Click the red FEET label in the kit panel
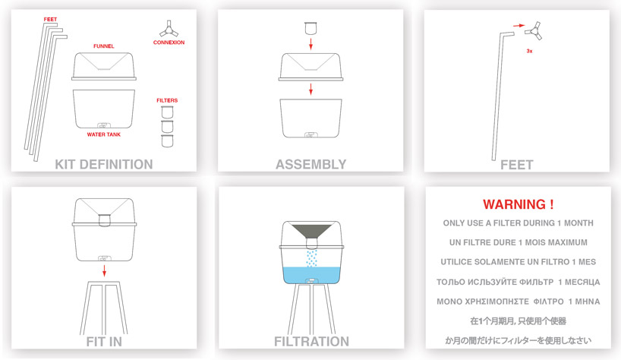(x=50, y=19)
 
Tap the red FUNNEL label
(x=104, y=46)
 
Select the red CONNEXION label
(x=169, y=43)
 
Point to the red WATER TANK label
(x=104, y=134)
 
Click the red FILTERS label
(x=167, y=100)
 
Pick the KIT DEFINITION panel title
(x=104, y=164)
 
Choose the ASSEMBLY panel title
(x=311, y=164)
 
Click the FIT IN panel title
(x=104, y=341)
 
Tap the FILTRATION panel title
(x=312, y=341)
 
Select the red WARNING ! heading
(x=518, y=204)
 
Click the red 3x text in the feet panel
(x=529, y=51)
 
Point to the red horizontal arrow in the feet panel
(x=519, y=26)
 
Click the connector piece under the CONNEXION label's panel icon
(x=169, y=30)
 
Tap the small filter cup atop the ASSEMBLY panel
(x=311, y=29)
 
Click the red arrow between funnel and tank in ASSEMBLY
(x=311, y=89)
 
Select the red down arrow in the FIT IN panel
(x=104, y=271)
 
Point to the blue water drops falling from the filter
(x=312, y=258)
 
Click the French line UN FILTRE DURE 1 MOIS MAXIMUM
(x=519, y=242)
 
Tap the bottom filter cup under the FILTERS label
(x=167, y=141)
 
